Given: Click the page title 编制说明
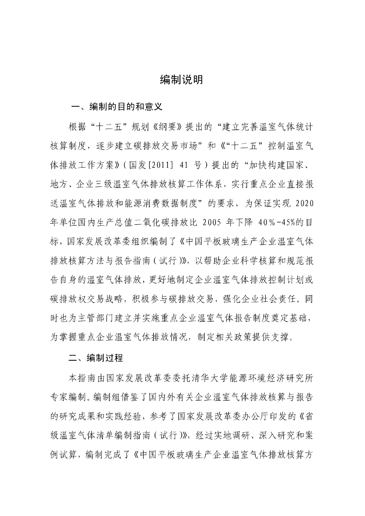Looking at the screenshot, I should (182, 79).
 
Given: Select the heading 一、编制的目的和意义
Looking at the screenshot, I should (116, 107).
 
